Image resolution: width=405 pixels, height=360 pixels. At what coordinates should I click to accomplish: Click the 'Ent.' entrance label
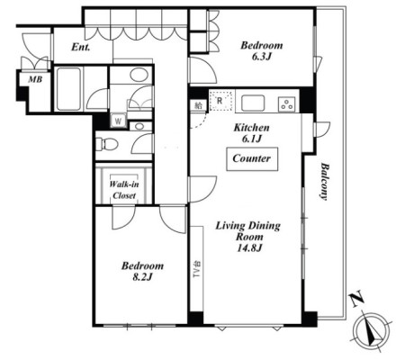[x=81, y=47]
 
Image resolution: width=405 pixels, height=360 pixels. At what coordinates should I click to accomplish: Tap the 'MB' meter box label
[x=35, y=79]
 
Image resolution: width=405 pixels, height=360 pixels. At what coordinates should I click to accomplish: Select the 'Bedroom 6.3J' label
[x=262, y=51]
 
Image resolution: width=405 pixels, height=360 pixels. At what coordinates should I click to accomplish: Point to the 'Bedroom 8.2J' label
[x=142, y=271]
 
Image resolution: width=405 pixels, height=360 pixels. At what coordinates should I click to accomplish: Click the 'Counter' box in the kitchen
[x=252, y=159]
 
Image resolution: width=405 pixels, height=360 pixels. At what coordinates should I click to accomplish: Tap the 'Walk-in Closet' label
[x=124, y=190]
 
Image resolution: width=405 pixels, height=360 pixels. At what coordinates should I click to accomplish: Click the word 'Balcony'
[x=324, y=181]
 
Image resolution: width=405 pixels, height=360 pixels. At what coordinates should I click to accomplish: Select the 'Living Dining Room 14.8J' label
[x=248, y=237]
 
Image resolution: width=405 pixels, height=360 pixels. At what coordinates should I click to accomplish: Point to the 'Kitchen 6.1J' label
[x=251, y=133]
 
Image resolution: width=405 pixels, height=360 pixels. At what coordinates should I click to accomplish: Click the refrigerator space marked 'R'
[x=221, y=101]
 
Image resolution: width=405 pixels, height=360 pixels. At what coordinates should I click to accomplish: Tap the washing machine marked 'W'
[x=119, y=121]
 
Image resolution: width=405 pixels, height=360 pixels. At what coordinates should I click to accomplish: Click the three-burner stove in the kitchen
[x=287, y=104]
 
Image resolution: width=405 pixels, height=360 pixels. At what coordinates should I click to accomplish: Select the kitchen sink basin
[x=253, y=103]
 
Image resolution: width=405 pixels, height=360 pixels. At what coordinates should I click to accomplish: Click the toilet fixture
[x=106, y=145]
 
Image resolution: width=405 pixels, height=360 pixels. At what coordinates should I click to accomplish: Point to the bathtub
[x=68, y=89]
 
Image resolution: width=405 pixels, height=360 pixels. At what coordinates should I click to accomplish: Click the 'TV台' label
[x=196, y=269]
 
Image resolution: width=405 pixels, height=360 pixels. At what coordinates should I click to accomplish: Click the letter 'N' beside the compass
[x=357, y=300]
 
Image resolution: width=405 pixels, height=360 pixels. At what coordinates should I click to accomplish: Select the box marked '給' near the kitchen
[x=198, y=105]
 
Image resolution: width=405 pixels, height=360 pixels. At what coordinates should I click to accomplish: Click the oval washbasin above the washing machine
[x=139, y=75]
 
